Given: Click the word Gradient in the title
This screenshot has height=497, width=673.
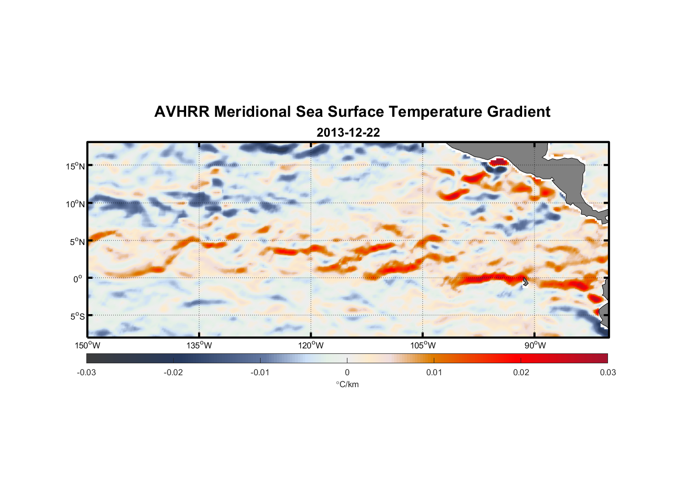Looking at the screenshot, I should click(518, 112).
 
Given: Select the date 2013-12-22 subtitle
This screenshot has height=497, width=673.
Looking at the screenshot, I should click(348, 133).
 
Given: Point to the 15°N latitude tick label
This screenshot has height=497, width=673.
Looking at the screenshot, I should click(75, 166).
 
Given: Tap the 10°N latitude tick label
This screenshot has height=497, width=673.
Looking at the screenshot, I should click(75, 204).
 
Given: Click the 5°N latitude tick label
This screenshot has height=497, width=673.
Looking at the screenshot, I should click(77, 242).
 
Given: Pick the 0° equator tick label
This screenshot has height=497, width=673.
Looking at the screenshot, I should click(78, 279).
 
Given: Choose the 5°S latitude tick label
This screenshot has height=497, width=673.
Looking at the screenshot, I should click(77, 316).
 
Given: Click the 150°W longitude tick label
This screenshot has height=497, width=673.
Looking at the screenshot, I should click(88, 345).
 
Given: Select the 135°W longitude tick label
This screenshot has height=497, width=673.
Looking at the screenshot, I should click(200, 345).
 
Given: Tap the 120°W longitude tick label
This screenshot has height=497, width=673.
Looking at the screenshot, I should click(311, 345).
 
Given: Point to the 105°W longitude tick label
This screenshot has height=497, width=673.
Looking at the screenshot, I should click(423, 345).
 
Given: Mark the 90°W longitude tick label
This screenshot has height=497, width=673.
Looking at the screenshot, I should click(535, 345).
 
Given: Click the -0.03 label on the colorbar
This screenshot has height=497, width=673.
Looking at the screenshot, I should click(86, 372).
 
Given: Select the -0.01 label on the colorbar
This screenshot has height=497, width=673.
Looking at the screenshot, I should click(260, 372).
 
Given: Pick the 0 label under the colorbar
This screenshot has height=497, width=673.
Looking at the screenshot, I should click(347, 372).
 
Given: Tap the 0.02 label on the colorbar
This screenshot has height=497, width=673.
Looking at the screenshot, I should click(521, 372).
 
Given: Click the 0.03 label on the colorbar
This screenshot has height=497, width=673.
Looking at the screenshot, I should click(607, 372).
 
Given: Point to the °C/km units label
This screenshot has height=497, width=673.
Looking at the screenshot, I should click(347, 384).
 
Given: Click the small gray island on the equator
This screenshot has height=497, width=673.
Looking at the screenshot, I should click(526, 281).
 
